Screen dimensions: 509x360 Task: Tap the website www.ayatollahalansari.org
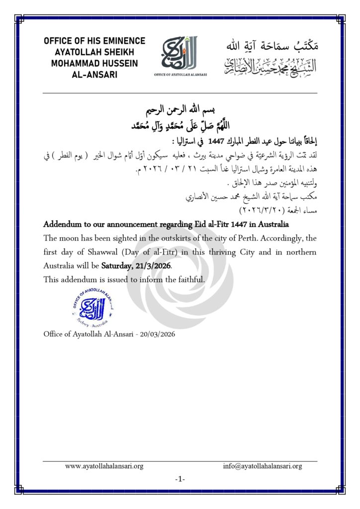coord(104,466)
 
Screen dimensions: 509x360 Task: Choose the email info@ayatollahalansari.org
coord(263,466)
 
